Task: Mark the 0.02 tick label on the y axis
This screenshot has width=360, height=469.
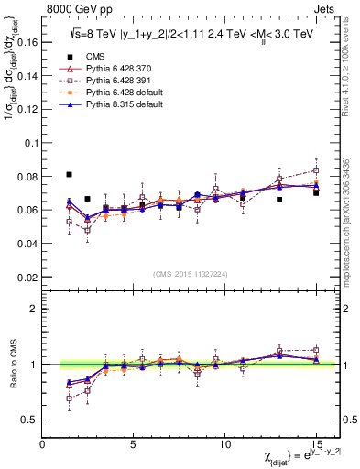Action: click(x=27, y=277)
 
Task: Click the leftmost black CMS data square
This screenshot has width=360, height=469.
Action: click(x=70, y=174)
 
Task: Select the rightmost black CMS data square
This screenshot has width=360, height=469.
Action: click(x=316, y=192)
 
